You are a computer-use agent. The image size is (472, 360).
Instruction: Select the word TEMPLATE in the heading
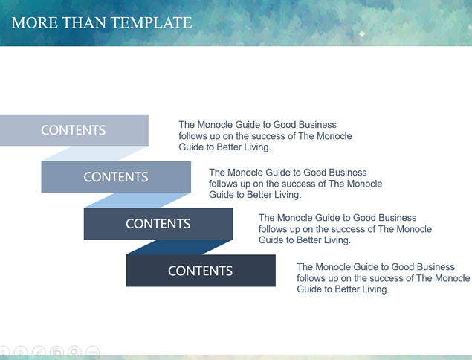[151, 22]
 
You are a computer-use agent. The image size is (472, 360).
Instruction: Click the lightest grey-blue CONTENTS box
[74, 130]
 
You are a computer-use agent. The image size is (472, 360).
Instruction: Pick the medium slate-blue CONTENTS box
[116, 177]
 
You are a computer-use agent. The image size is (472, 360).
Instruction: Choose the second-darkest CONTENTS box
[158, 224]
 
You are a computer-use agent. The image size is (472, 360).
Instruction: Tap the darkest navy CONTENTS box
[201, 271]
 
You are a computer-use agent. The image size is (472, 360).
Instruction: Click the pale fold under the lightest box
[94, 154]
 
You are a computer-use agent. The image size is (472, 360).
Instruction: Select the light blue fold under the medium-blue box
[138, 200]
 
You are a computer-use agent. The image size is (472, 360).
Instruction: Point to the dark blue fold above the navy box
[179, 248]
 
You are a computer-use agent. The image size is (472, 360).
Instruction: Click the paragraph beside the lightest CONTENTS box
[265, 136]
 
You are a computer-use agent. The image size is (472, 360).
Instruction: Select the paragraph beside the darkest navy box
[384, 277]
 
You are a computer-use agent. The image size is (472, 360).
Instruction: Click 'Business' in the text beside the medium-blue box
[348, 173]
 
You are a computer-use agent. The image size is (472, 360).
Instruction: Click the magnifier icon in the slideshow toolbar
[74, 352]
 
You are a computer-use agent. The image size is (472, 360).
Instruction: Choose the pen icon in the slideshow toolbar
[39, 352]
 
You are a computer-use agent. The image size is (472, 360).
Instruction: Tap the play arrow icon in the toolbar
[21, 352]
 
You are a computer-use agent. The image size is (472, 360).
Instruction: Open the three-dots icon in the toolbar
[93, 352]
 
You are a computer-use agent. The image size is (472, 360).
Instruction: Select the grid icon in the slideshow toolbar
[56, 352]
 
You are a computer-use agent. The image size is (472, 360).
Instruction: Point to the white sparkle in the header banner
[362, 34]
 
